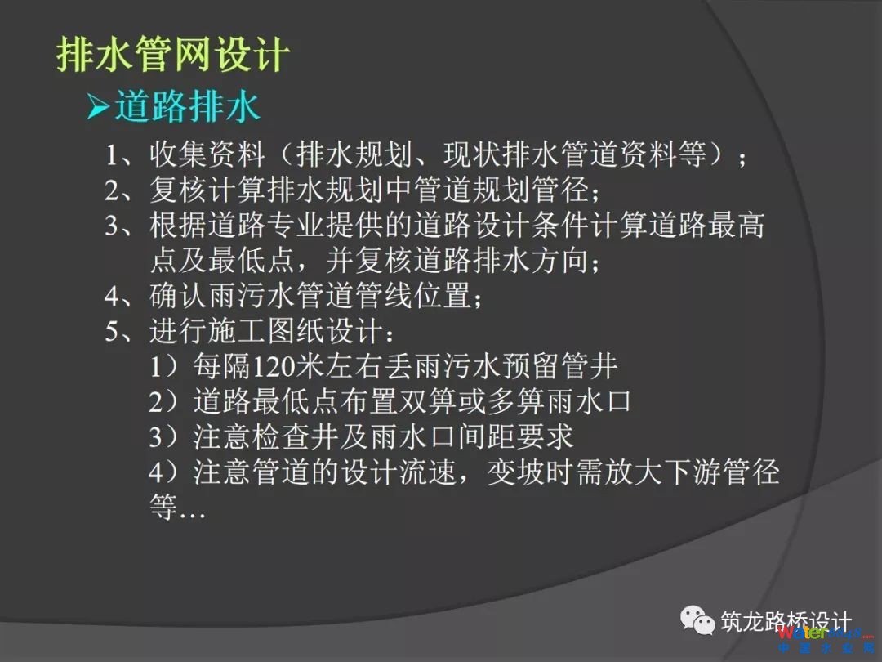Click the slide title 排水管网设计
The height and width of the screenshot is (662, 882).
[x=172, y=56]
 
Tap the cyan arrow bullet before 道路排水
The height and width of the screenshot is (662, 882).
[x=99, y=106]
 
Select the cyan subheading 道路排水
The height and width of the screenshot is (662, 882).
[x=187, y=106]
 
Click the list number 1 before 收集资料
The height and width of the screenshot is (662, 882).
[x=112, y=154]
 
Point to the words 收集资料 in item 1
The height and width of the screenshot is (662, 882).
[x=207, y=154]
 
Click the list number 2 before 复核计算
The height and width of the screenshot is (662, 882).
[x=112, y=190]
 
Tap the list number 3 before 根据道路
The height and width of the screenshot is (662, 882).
[x=112, y=226]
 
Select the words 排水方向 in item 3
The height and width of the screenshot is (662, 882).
[x=531, y=261]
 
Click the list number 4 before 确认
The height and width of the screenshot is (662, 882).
[x=112, y=296]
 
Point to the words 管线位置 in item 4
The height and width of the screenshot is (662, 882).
[x=413, y=296]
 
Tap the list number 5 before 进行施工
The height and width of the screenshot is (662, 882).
[x=112, y=332]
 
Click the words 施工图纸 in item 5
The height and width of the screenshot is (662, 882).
[x=266, y=331]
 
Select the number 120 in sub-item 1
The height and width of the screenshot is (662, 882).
[x=274, y=367]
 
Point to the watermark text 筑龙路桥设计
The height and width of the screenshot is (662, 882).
[x=786, y=622]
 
